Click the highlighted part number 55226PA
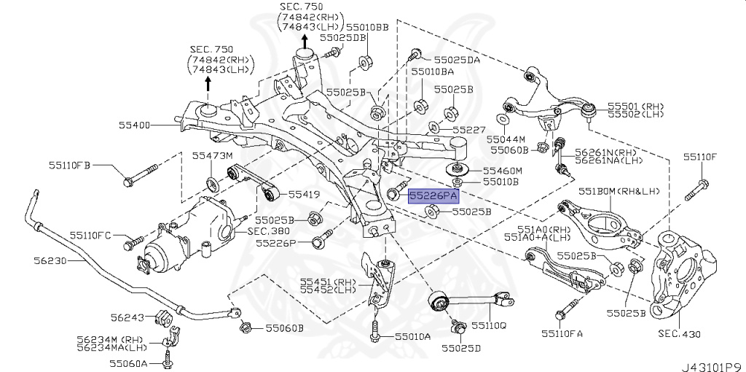point(433,195)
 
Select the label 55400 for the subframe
point(135,125)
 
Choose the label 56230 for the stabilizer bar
point(50,259)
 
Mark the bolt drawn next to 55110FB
point(141,176)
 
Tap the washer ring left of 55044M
point(503,119)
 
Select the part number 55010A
point(412,337)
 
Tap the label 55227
point(468,129)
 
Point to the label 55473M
point(212,155)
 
